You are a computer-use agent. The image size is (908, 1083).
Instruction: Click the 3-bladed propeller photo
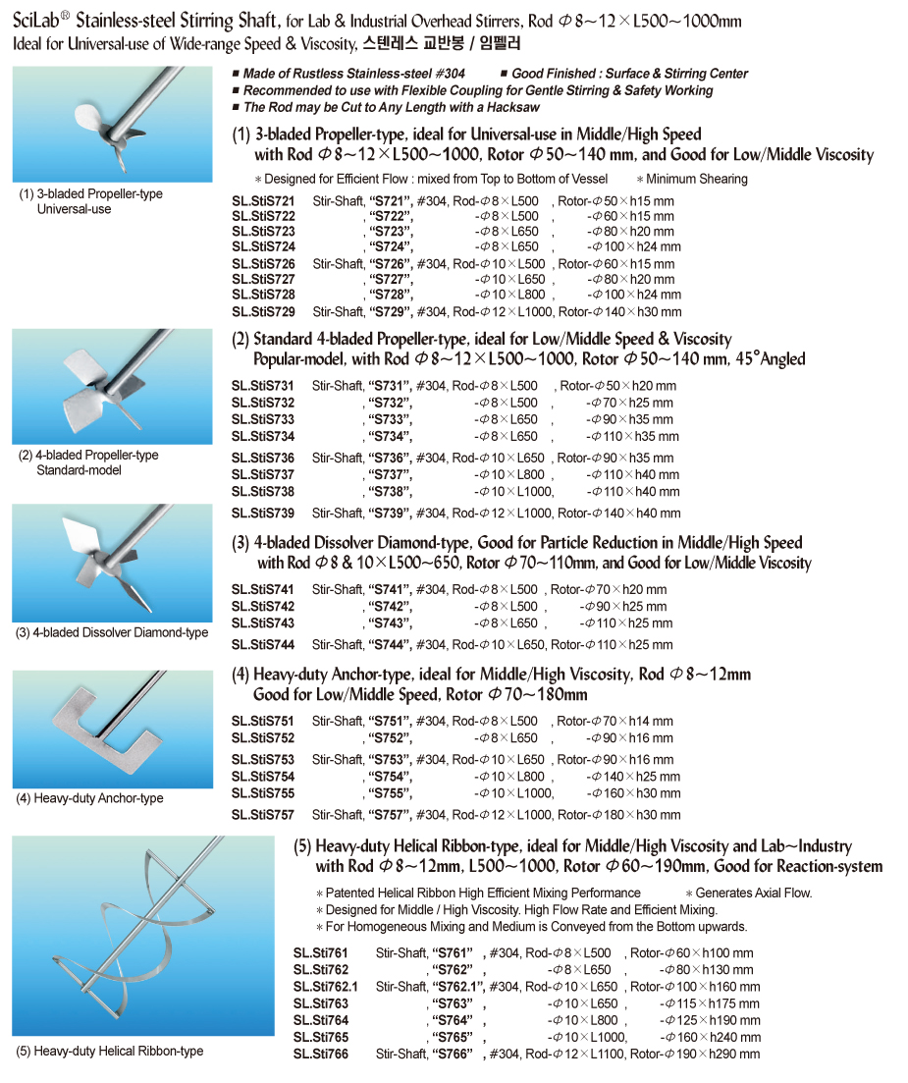click(x=113, y=124)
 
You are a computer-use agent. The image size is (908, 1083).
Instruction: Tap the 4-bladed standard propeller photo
click(x=113, y=386)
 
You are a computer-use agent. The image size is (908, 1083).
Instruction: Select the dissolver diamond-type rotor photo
click(x=113, y=562)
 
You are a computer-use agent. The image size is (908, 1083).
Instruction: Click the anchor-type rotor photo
click(x=113, y=729)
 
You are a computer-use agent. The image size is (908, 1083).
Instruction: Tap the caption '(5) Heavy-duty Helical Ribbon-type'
click(x=109, y=1051)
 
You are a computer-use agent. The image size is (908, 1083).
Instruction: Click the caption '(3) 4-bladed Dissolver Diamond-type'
click(x=113, y=632)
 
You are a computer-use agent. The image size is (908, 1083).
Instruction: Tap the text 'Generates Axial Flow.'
click(x=753, y=893)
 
